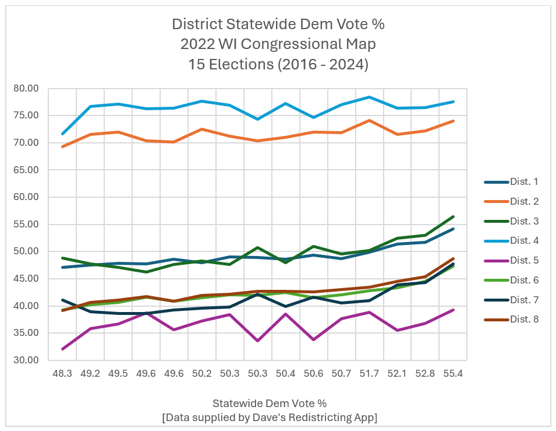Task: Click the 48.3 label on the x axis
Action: click(62, 374)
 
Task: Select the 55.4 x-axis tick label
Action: click(453, 374)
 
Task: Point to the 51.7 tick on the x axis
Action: click(369, 374)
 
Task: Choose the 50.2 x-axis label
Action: click(202, 374)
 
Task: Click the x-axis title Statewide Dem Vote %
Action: click(270, 403)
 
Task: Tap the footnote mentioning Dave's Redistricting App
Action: click(270, 417)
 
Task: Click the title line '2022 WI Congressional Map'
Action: click(278, 44)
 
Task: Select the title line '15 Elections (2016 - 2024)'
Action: click(278, 64)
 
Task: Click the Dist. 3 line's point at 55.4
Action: click(453, 217)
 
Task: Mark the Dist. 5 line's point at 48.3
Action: click(62, 349)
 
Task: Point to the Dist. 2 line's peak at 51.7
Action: click(369, 120)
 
